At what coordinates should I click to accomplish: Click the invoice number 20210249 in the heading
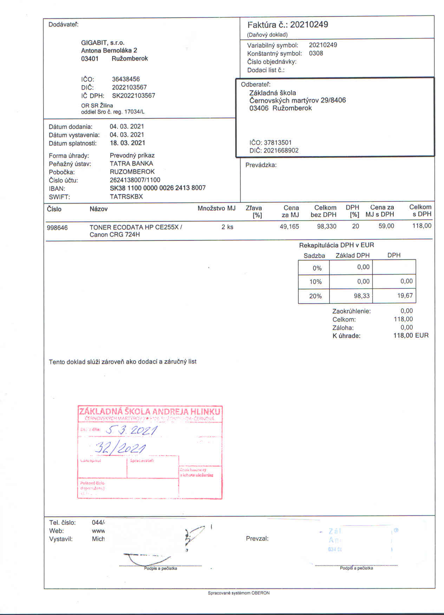tap(309, 25)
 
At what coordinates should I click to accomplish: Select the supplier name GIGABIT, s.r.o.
tap(103, 42)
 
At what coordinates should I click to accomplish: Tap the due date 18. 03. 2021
tap(127, 143)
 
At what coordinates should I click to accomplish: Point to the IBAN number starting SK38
tap(157, 188)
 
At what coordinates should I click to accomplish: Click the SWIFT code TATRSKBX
tap(126, 197)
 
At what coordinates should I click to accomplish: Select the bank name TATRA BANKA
tap(131, 164)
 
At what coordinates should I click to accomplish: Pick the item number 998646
tap(57, 227)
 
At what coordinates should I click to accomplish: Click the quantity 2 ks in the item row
tap(227, 227)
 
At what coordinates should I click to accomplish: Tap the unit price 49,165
tap(289, 227)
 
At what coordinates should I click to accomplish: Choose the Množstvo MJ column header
tap(216, 209)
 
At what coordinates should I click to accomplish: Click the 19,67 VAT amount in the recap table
tap(405, 296)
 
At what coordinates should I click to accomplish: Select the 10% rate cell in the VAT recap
tap(315, 282)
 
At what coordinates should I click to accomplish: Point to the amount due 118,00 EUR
tap(411, 336)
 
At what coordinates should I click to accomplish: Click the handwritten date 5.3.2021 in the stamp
tap(131, 430)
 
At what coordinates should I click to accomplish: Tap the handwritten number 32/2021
tap(120, 448)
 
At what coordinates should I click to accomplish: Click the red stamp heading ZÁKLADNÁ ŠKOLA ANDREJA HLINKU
tap(150, 411)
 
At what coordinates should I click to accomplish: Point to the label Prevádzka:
tap(261, 165)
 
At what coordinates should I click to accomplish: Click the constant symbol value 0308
tap(316, 53)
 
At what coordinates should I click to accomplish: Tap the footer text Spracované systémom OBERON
tap(239, 593)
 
